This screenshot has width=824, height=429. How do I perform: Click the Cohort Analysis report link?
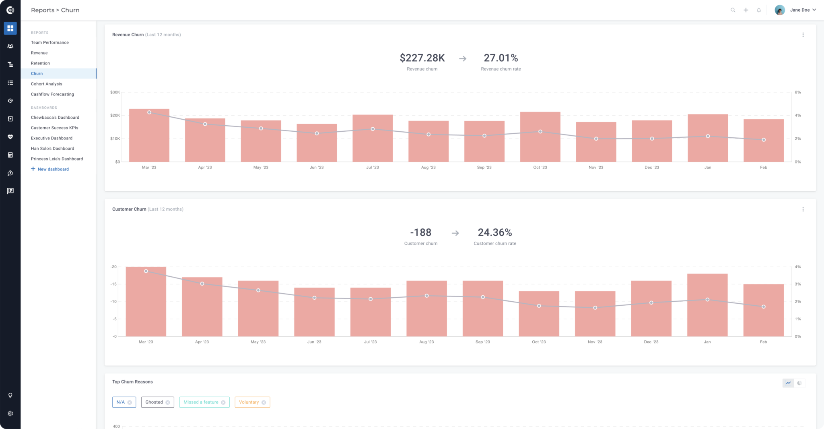pyautogui.click(x=47, y=84)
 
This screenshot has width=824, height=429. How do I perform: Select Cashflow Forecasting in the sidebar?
pyautogui.click(x=52, y=94)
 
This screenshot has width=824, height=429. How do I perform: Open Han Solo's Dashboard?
pyautogui.click(x=52, y=149)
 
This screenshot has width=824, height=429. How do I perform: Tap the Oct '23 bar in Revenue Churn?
pyautogui.click(x=540, y=137)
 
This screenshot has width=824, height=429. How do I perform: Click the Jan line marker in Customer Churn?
pyautogui.click(x=707, y=300)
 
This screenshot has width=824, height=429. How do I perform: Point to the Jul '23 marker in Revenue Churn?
pyautogui.click(x=373, y=129)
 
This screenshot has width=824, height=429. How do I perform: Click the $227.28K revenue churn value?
pyautogui.click(x=422, y=58)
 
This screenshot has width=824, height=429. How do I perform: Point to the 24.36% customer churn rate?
pyautogui.click(x=494, y=232)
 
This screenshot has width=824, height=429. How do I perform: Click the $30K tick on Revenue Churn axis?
pyautogui.click(x=115, y=92)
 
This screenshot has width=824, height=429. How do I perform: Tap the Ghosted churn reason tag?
pyautogui.click(x=154, y=402)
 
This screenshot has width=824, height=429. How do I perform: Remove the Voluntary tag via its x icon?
pyautogui.click(x=264, y=402)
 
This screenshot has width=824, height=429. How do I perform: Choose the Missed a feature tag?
pyautogui.click(x=201, y=402)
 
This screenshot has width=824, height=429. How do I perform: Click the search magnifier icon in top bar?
pyautogui.click(x=733, y=10)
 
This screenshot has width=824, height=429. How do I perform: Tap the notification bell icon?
pyautogui.click(x=759, y=10)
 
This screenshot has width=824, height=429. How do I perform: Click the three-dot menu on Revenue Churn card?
pyautogui.click(x=803, y=35)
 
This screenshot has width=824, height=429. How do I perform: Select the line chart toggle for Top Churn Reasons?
pyautogui.click(x=788, y=383)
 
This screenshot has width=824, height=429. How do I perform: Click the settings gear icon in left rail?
pyautogui.click(x=10, y=414)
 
